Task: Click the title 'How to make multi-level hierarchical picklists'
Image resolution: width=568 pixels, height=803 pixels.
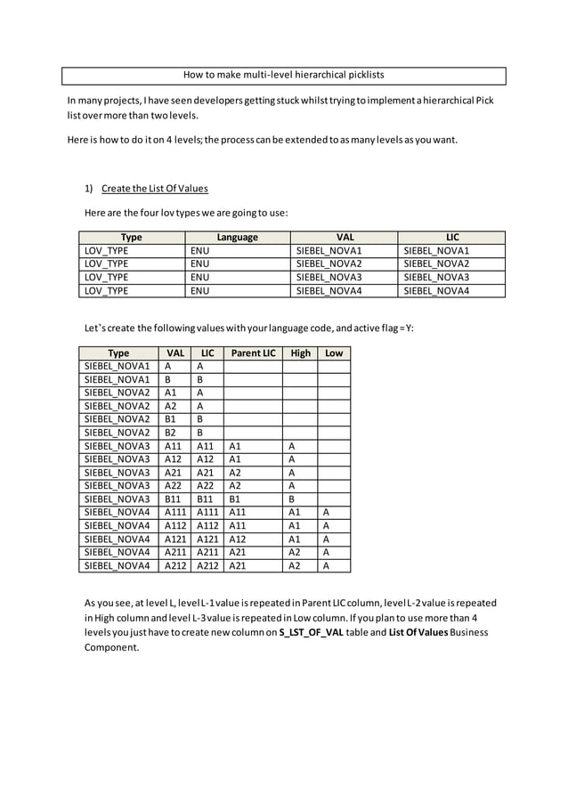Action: tap(283, 75)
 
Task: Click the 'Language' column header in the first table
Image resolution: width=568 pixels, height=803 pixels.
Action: tap(237, 238)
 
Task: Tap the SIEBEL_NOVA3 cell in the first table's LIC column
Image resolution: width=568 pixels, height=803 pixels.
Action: tap(436, 277)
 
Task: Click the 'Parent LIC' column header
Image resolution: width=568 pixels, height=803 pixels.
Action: tap(252, 353)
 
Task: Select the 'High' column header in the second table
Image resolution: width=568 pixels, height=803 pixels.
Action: tap(300, 353)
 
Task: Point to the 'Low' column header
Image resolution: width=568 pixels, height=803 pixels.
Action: tap(334, 353)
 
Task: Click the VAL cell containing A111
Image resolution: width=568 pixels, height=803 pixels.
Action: tap(175, 512)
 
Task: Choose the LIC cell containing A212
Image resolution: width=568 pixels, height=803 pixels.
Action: tap(207, 564)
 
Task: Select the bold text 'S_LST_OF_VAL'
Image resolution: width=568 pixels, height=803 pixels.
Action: tap(314, 632)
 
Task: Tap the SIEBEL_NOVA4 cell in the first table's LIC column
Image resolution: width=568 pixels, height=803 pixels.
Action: tap(436, 290)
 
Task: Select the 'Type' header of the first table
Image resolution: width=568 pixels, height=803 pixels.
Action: tap(131, 238)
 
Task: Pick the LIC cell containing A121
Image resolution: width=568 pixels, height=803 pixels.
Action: tap(207, 539)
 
